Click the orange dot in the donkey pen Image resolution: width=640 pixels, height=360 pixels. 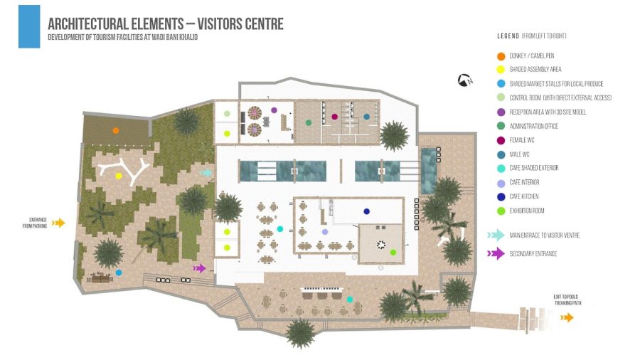tap(116, 131)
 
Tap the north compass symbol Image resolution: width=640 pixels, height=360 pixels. tap(465, 80)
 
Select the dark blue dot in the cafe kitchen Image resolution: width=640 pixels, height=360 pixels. tap(366, 211)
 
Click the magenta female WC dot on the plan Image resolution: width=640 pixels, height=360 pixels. tap(335, 117)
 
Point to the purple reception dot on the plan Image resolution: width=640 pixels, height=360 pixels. tap(274, 110)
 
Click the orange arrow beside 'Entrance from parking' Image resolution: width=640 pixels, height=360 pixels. tap(58, 223)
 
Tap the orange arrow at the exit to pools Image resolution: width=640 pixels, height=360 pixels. tap(567, 317)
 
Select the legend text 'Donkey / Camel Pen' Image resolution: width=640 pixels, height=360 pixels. tap(531, 56)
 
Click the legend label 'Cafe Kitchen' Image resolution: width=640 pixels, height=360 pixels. tap(524, 196)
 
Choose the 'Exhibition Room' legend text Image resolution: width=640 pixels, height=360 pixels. tap(526, 211)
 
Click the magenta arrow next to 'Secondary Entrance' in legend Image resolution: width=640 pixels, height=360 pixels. tap(496, 253)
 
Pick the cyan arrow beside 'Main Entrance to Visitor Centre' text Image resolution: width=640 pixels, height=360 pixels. tap(496, 235)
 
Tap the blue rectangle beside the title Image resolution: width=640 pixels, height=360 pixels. tap(29, 26)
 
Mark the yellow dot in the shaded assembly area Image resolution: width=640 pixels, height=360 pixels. tap(119, 176)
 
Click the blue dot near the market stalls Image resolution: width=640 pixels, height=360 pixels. tap(118, 272)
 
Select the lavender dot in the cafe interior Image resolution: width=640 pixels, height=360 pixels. tap(325, 232)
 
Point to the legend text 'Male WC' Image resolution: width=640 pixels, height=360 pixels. tap(519, 154)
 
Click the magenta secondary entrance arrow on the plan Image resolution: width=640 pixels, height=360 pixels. tap(199, 268)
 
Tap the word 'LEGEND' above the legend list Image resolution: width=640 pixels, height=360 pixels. tap(508, 36)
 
